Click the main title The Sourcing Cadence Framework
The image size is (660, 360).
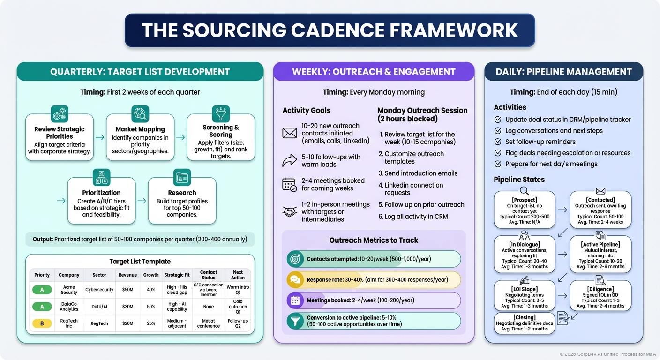[x=330, y=30]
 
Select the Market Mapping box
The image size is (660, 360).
[x=140, y=137]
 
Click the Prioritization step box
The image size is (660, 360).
[x=101, y=201]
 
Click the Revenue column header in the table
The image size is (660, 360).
[x=128, y=275]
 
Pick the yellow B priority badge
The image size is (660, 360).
[x=42, y=322]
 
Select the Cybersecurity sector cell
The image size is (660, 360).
[x=99, y=290]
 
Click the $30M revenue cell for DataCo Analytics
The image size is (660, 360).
[x=128, y=306]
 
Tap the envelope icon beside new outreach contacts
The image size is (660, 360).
[x=290, y=133]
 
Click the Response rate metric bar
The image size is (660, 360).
[x=374, y=280]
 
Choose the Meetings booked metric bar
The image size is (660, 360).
[x=374, y=300]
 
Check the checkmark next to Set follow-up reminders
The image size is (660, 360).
[x=498, y=142]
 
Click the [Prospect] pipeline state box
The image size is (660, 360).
[x=525, y=209]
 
